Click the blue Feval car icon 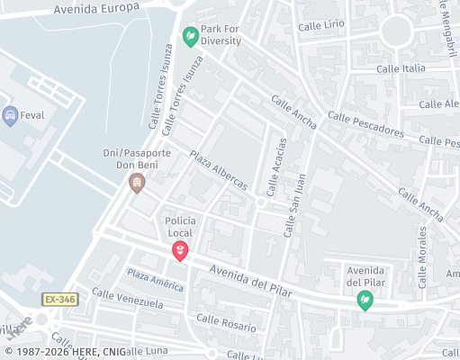11,114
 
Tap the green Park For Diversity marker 190,37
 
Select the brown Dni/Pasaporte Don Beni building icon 137,184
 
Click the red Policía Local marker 180,251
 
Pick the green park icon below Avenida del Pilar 365,300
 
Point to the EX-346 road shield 59,299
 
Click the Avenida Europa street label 96,8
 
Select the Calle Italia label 401,68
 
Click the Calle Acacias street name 276,166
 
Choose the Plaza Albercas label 218,169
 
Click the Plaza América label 155,280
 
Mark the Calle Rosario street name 226,322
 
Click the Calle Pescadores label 365,124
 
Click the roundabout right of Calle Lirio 395,31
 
